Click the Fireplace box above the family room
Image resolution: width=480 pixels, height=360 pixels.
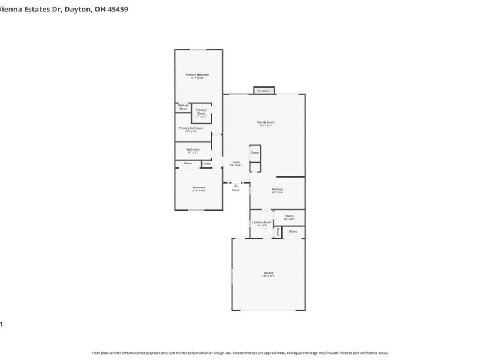[x=265, y=91]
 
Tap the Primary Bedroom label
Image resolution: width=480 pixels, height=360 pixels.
[x=197, y=76]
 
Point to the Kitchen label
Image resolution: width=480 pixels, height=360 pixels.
[x=277, y=190]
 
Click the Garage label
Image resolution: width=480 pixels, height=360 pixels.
[x=268, y=274]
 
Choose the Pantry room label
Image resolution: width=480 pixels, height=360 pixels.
[x=289, y=217]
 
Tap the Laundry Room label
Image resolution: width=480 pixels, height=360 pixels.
[x=262, y=223]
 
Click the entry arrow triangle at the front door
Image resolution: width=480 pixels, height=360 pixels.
[x=236, y=185]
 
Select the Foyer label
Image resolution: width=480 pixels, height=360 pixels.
[x=236, y=163]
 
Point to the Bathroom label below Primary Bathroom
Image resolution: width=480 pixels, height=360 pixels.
[x=193, y=150]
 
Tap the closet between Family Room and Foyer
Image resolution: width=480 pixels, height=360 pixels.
[x=255, y=153]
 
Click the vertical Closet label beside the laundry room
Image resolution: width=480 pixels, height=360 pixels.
[x=278, y=232]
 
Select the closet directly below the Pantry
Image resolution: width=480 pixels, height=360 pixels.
[x=293, y=232]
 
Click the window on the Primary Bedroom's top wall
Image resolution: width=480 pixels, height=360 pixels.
[x=199, y=50]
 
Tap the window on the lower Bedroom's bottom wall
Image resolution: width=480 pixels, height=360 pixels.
[x=196, y=210]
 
